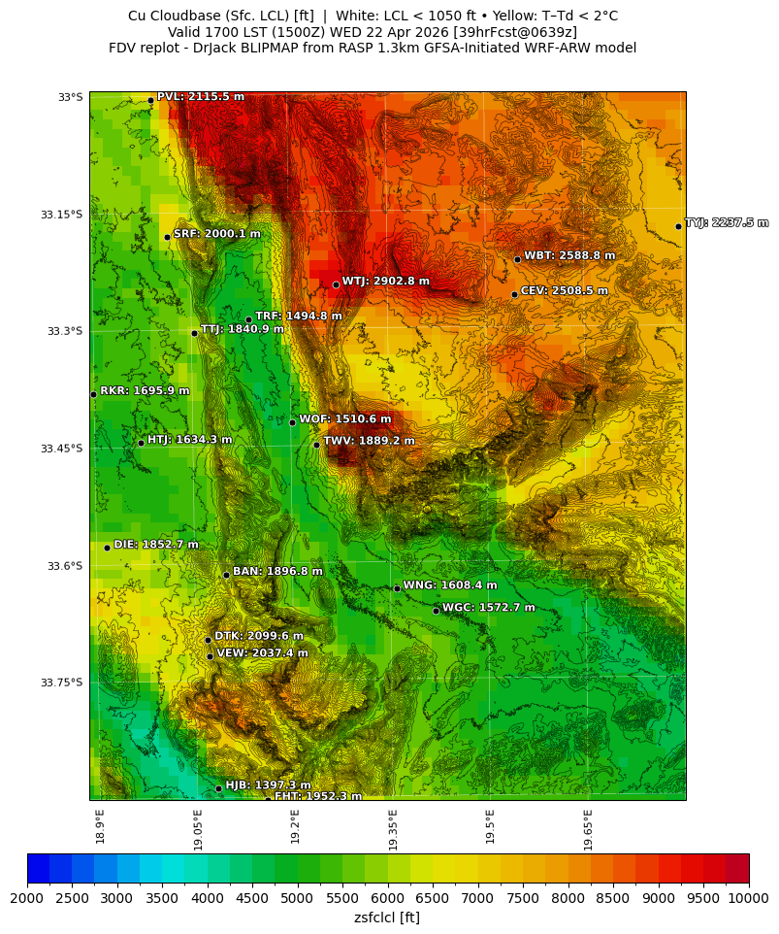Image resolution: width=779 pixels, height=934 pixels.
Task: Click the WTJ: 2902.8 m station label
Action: tap(385, 282)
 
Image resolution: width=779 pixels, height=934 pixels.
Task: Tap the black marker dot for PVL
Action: tap(150, 100)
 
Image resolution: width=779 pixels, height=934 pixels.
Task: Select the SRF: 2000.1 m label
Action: tap(216, 234)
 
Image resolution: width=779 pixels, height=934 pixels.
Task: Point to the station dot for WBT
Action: tap(517, 259)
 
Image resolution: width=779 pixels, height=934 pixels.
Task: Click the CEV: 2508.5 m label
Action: tap(564, 290)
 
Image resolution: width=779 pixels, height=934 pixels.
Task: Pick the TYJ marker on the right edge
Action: tap(678, 226)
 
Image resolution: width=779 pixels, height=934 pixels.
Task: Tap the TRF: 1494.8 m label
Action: tap(298, 317)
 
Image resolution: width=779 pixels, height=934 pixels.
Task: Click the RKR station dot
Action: tap(93, 394)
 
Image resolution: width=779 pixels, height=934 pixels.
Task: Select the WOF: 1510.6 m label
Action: tap(344, 419)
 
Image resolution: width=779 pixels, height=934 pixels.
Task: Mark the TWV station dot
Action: tap(316, 445)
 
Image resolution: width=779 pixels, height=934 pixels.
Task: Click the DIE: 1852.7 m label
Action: tap(155, 545)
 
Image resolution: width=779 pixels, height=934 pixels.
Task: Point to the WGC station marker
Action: tap(436, 611)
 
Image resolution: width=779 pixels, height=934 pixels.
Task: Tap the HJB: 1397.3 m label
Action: tap(268, 785)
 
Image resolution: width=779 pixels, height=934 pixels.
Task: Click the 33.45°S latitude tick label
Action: tap(61, 449)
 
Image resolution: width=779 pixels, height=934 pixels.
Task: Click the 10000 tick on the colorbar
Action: tap(748, 899)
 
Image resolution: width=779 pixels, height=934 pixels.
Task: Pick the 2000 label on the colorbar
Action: tap(27, 899)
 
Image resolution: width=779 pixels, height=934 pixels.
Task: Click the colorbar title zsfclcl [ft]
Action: tap(387, 917)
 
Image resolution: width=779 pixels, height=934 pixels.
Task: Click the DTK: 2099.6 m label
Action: tap(258, 637)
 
